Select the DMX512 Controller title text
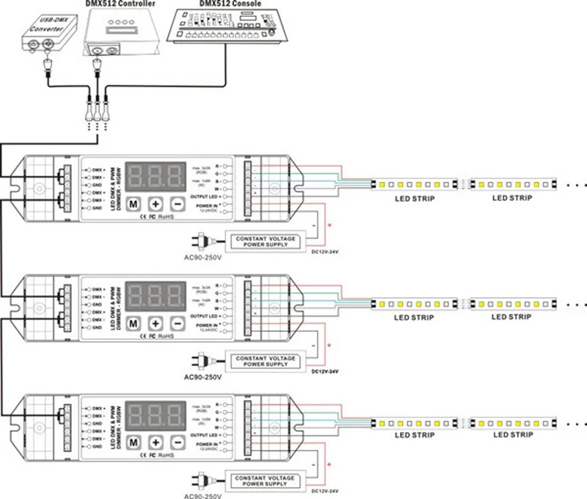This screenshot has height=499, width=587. [120, 5]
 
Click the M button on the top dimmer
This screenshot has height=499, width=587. [134, 204]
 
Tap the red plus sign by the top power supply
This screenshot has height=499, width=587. [329, 225]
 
